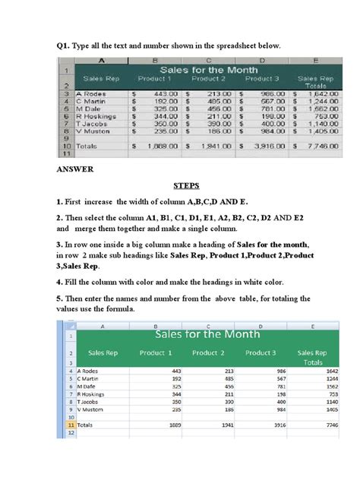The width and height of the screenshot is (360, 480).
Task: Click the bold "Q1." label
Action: pos(65,46)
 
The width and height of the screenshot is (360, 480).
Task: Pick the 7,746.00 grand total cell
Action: pos(318,144)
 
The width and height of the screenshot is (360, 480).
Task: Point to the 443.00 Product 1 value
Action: pos(166,93)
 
